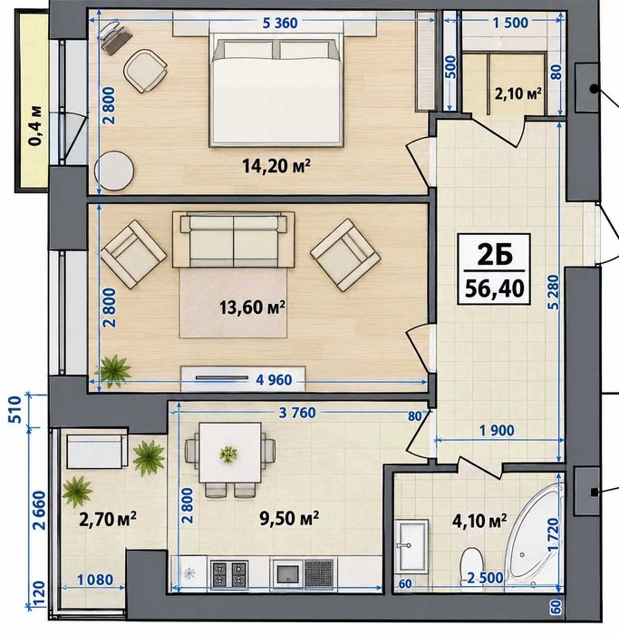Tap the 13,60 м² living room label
tap(252, 308)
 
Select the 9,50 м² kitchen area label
tap(289, 518)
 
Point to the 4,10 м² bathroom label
tap(479, 521)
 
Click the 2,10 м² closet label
tap(518, 94)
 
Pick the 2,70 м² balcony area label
tap(108, 519)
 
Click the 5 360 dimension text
tap(280, 23)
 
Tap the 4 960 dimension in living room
tap(274, 380)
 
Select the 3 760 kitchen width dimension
tap(297, 413)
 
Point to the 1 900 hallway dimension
tap(497, 431)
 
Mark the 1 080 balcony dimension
tap(95, 580)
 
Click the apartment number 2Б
tap(495, 255)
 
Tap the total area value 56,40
tap(495, 288)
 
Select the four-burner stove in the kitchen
tap(230, 574)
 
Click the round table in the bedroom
tap(114, 171)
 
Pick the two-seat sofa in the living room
tap(234, 239)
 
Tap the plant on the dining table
tap(228, 454)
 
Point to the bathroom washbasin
tap(411, 547)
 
